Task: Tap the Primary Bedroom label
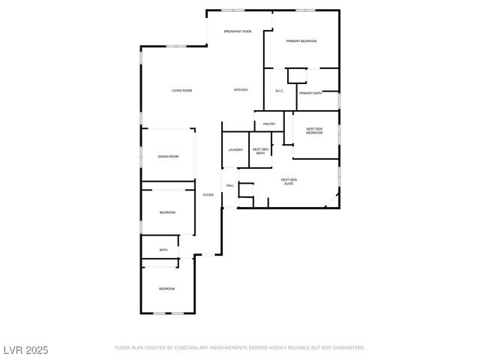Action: coord(301,41)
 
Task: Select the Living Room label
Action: coord(181,91)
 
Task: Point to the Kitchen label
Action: coord(241,90)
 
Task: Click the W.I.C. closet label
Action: coord(279,91)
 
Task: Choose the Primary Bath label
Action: coord(310,93)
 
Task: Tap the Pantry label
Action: coord(269,124)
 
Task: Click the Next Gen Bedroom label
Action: coord(314,131)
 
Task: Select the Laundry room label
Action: coord(235,150)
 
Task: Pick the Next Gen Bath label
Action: coord(259,151)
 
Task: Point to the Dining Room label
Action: coord(168,157)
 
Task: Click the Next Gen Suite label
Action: coord(289,181)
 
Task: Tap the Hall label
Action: coord(230,185)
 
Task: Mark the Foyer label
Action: coord(208,195)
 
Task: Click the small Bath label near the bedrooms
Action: coord(163,250)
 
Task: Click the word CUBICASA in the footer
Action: coord(184,348)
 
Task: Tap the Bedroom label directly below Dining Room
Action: coord(166,213)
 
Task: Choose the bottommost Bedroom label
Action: coord(166,289)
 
